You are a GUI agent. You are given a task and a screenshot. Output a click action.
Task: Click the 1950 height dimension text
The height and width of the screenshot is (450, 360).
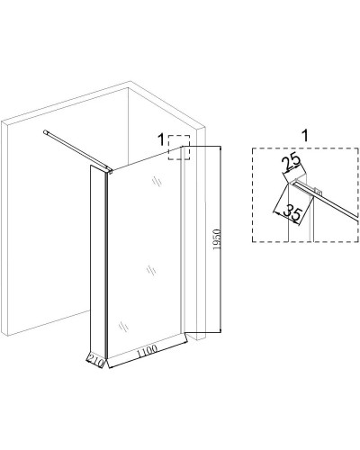click(217, 239)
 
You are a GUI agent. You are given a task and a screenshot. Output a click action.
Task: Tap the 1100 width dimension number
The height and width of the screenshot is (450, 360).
click(147, 351)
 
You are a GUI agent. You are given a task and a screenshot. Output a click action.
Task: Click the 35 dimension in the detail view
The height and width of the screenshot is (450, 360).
click(292, 212)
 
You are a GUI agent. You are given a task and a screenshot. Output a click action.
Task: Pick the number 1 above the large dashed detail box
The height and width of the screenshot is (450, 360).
click(305, 136)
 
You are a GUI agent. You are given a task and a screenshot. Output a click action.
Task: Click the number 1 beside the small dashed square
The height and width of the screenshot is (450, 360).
click(161, 139)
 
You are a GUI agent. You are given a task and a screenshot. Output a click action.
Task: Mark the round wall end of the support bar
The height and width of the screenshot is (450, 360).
click(45, 131)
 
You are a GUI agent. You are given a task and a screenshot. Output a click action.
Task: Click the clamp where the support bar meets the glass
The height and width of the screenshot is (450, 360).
click(110, 171)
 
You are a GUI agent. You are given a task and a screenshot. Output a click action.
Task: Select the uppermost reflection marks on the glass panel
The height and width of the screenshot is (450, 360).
click(157, 182)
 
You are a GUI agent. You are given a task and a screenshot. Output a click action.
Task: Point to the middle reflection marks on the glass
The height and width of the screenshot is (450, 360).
click(151, 271)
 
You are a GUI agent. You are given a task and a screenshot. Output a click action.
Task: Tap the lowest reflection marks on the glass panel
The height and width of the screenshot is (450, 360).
click(123, 326)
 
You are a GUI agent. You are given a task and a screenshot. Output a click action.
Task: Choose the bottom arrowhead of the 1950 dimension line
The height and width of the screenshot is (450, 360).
click(220, 330)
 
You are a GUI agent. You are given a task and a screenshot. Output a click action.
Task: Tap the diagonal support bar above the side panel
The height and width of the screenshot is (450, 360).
click(76, 151)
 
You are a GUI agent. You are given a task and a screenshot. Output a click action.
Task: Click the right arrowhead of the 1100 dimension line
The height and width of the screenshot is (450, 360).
click(186, 342)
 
